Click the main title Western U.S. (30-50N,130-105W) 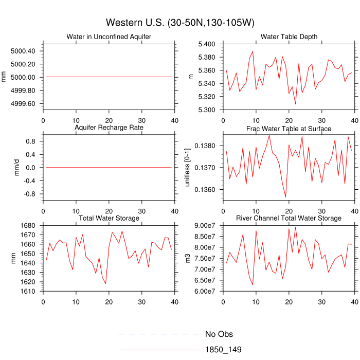180,23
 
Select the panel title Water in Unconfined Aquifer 109,37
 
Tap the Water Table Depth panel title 289,37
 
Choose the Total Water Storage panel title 109,219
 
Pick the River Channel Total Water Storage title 289,219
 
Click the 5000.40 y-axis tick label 23,51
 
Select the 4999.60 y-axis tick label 23,103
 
